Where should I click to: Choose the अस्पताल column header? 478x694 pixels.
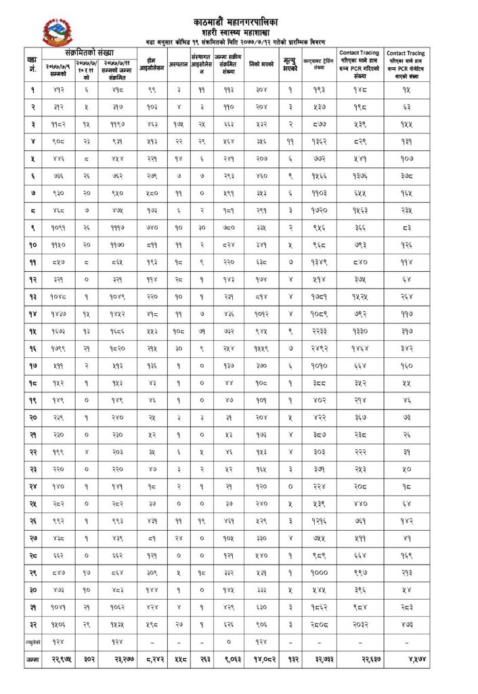coord(177,66)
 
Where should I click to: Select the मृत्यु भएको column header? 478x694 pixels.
coord(290,66)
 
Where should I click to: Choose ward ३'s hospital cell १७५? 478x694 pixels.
coord(177,124)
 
